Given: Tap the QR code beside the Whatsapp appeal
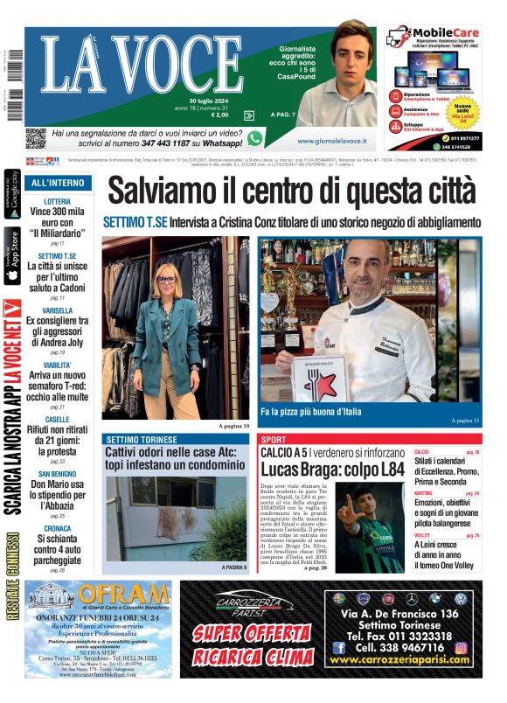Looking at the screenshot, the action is (x=35, y=138).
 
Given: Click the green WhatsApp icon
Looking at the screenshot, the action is (x=255, y=138).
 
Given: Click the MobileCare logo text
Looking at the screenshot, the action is (x=435, y=38).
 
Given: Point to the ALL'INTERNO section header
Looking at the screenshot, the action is (x=58, y=183).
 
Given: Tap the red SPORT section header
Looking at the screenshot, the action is (x=274, y=439).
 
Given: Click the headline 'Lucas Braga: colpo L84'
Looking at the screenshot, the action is (x=332, y=469).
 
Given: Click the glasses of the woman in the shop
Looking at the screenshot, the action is (x=165, y=280).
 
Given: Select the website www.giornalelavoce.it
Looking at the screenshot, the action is (x=331, y=140).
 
